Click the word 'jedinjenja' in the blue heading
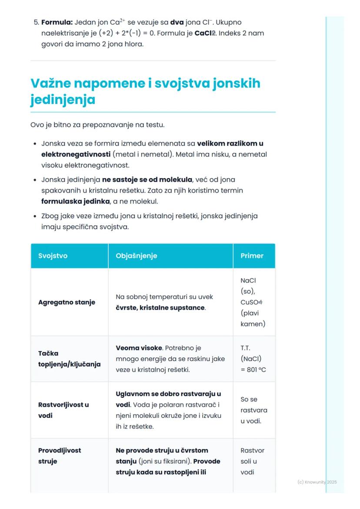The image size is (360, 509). pos(63,100)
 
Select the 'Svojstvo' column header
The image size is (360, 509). pos(53,256)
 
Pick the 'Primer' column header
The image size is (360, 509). pos(252,256)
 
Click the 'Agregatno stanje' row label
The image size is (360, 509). pos(67,302)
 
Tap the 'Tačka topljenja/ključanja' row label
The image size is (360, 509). pos(69,359)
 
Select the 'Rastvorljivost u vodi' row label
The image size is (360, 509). pos(63,410)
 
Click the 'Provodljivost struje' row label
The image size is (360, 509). pos(60,456)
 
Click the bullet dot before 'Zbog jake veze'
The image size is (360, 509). pos(34,216)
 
